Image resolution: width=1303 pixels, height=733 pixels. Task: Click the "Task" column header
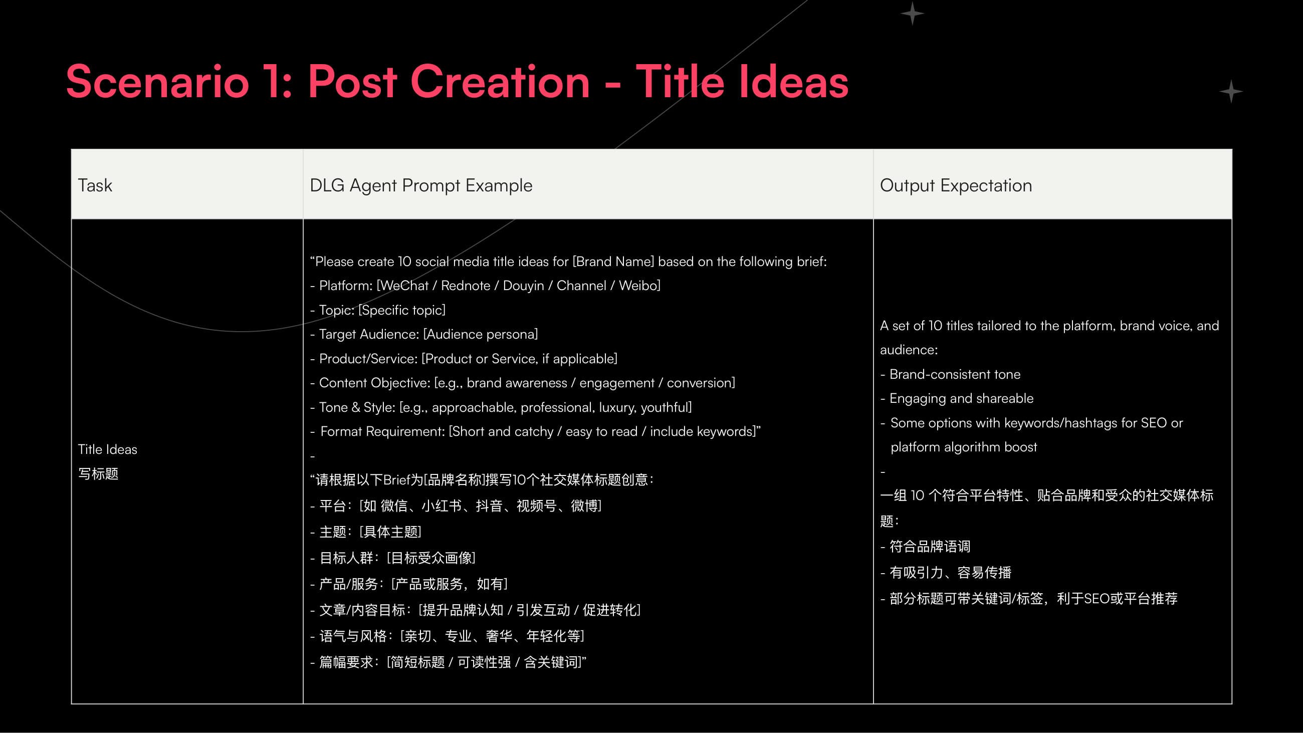(x=95, y=186)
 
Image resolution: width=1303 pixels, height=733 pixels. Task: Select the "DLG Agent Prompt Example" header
(x=421, y=186)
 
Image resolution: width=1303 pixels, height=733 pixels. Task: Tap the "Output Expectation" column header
(x=956, y=186)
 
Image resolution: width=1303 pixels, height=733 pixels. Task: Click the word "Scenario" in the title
(x=157, y=82)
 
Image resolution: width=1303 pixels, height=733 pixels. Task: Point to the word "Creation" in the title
(x=500, y=82)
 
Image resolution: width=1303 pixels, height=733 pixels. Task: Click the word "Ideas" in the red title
(x=794, y=82)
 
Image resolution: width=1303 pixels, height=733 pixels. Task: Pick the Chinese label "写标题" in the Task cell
(x=98, y=473)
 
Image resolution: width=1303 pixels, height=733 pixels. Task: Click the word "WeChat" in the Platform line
(x=404, y=286)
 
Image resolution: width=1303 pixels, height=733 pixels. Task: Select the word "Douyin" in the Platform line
(x=523, y=286)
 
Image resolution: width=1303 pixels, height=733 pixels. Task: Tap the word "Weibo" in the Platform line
(x=638, y=286)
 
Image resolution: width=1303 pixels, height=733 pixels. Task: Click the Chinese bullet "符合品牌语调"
(x=930, y=546)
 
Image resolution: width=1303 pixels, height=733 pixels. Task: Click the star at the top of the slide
(x=913, y=14)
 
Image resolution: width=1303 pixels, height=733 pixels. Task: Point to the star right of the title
(x=1231, y=92)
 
